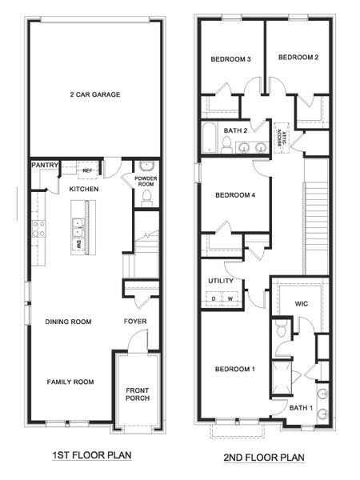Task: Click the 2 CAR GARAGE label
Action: tap(94, 94)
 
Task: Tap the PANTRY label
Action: tap(45, 166)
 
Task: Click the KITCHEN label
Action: tap(83, 189)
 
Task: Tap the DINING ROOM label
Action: tap(68, 322)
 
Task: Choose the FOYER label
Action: tap(134, 322)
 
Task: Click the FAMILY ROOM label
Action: tap(70, 382)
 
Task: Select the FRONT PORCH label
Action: tap(138, 396)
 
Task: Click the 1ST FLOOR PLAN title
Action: tap(93, 455)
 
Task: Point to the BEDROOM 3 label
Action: tap(231, 60)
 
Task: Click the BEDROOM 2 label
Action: tap(298, 58)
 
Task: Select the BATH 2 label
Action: tap(235, 130)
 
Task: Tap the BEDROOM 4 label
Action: tap(235, 194)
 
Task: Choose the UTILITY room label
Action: tap(220, 282)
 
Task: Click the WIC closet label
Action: tap(302, 304)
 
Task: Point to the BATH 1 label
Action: tap(301, 408)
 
